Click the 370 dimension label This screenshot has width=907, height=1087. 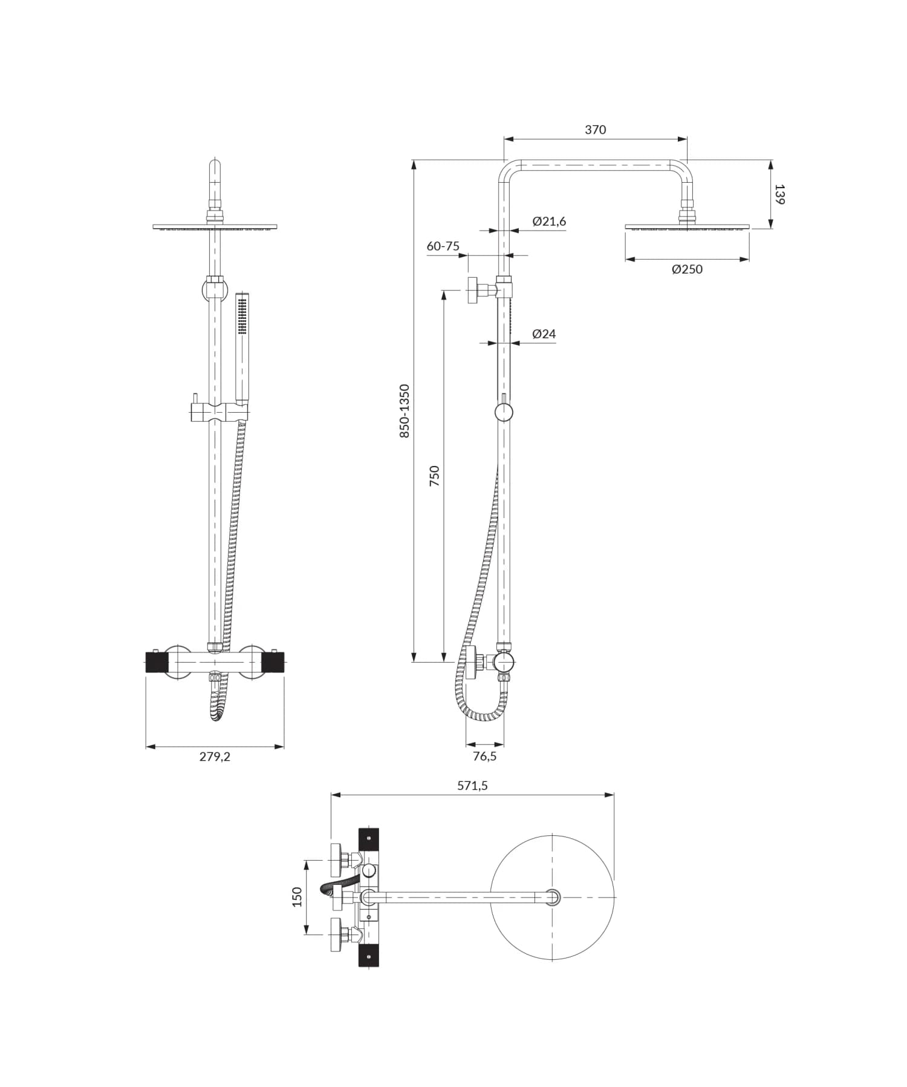[x=595, y=130]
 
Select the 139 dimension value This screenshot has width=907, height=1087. [x=779, y=194]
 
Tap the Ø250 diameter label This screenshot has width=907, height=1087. [x=687, y=269]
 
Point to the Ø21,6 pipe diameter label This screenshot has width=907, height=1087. [x=549, y=222]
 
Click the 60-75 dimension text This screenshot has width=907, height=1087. [x=443, y=246]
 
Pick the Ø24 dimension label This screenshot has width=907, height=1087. [x=544, y=334]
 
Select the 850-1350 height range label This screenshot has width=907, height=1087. [x=405, y=411]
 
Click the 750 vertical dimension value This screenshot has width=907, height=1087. [x=434, y=476]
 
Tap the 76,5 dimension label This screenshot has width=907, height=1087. [x=484, y=757]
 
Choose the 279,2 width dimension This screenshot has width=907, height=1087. [x=215, y=757]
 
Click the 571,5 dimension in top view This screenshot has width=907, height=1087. [x=472, y=786]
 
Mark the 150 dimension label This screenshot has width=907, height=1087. [x=297, y=897]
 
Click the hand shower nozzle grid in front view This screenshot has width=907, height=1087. [x=242, y=316]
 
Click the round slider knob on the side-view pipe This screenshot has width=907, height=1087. [x=504, y=413]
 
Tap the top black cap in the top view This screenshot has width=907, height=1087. [x=369, y=838]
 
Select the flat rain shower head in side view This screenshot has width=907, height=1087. [x=687, y=228]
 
